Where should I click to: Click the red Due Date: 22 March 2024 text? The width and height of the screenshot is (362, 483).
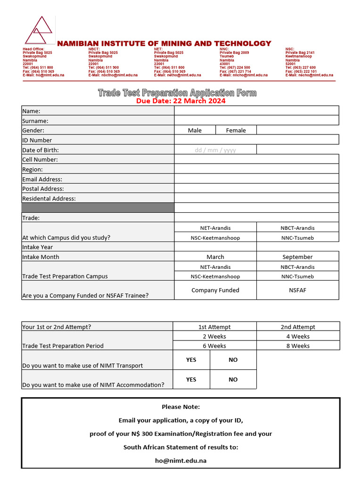pos(181,101)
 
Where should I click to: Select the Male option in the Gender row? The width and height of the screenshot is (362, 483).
pos(195,130)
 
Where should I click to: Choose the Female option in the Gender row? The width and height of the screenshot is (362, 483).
pos(236,130)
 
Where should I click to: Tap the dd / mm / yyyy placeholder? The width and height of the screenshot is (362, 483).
pos(215,150)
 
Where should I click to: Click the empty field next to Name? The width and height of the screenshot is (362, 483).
pos(256,111)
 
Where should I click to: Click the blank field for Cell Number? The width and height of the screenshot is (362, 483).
pos(256,159)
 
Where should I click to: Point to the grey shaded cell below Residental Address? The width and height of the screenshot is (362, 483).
pos(98,208)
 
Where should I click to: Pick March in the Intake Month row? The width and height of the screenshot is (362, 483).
pos(215,257)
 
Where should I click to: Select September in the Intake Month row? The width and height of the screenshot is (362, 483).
pos(297,257)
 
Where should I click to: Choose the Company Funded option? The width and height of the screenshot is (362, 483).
pos(215,290)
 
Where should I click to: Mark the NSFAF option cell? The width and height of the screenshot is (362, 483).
pos(297,290)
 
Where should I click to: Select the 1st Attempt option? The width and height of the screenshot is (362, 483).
pos(214,327)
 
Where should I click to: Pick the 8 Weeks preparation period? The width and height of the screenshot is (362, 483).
pos(298,346)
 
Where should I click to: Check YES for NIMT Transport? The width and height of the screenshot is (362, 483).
pos(191,360)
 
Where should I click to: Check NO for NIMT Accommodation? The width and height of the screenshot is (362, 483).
pos(233,379)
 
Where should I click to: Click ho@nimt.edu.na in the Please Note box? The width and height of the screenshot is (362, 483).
pos(181,461)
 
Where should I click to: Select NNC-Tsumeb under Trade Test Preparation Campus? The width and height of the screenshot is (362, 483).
pos(297,276)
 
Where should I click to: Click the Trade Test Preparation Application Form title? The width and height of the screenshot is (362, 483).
pos(177,92)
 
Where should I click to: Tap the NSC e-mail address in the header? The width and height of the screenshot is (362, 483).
pos(309,75)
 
